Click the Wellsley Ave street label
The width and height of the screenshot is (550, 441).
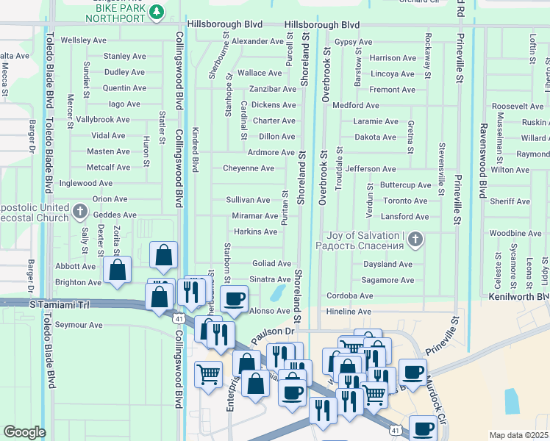pyautogui.click(x=83, y=40)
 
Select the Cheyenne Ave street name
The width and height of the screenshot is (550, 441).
pyautogui.click(x=249, y=168)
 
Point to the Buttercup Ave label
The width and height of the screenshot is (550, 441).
pyautogui.click(x=405, y=185)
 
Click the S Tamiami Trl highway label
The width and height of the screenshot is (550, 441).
pyautogui.click(x=54, y=304)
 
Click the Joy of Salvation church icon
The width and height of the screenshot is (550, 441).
pyautogui.click(x=415, y=239)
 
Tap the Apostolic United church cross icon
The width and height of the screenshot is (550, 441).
pyautogui.click(x=81, y=212)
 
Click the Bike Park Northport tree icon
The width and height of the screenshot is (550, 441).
pyautogui.click(x=156, y=12)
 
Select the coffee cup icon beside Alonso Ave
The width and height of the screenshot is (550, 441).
pyautogui.click(x=234, y=298)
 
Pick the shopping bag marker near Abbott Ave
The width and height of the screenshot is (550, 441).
pyautogui.click(x=117, y=269)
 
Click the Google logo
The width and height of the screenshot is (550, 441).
pyautogui.click(x=24, y=432)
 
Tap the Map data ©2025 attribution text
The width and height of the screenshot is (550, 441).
pyautogui.click(x=518, y=435)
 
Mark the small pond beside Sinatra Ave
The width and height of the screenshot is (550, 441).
pyautogui.click(x=279, y=293)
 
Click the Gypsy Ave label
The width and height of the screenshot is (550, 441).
pyautogui.click(x=349, y=42)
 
